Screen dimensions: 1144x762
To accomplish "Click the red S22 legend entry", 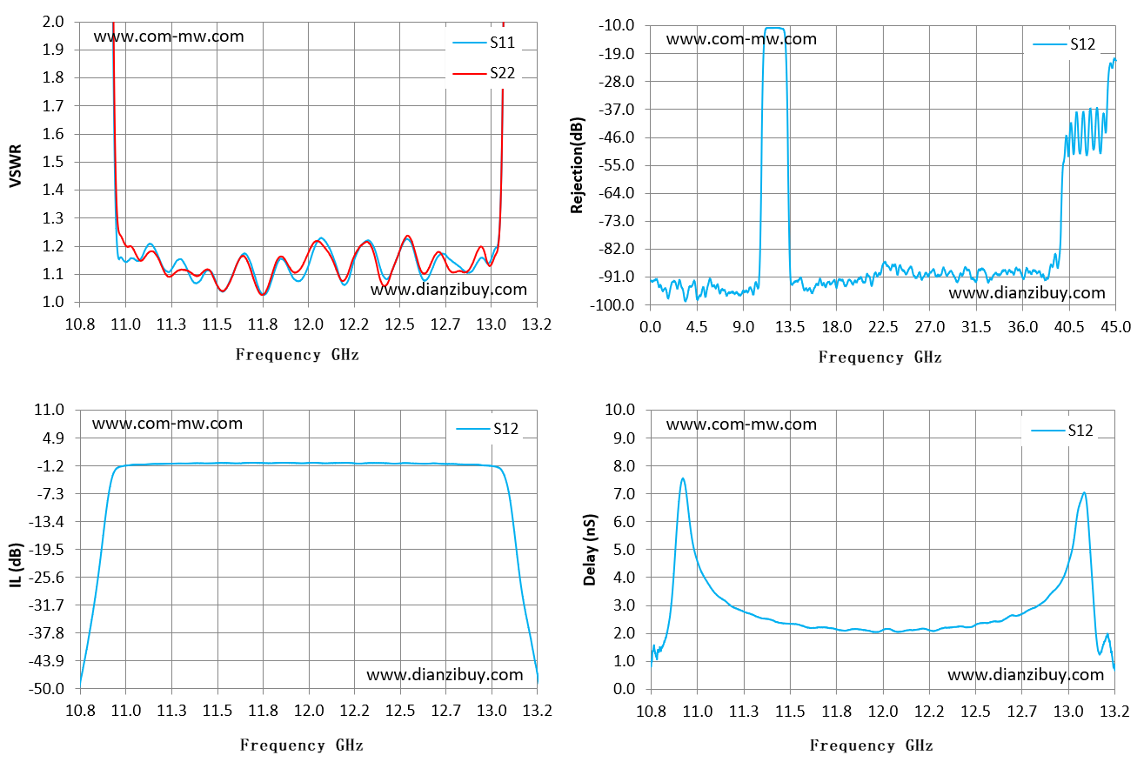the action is [485, 73].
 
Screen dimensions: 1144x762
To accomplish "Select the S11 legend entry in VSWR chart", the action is [485, 43].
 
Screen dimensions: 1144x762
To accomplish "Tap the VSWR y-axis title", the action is [16, 165].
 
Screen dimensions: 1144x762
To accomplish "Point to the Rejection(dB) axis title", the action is [577, 165].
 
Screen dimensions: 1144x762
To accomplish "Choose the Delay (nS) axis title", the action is [589, 550].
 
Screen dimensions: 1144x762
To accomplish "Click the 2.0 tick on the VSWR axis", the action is [53, 22].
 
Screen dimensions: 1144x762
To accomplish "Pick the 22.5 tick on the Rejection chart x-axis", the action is [883, 327].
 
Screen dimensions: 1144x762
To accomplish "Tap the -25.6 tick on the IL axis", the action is [46, 578].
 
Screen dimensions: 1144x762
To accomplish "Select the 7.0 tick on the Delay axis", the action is [624, 494].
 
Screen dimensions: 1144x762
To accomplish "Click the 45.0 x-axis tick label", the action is [1116, 327].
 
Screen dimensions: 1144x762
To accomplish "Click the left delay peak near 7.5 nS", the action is [683, 478].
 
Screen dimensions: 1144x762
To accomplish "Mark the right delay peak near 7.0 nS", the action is [1084, 493].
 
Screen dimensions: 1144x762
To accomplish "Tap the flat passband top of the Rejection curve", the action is [774, 28].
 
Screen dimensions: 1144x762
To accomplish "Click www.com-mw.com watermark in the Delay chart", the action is [741, 424].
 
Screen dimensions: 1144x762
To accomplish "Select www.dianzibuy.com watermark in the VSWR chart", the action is [448, 290].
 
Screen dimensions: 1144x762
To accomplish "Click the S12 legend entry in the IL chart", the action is [487, 429].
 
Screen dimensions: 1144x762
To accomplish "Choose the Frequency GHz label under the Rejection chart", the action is [880, 357].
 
